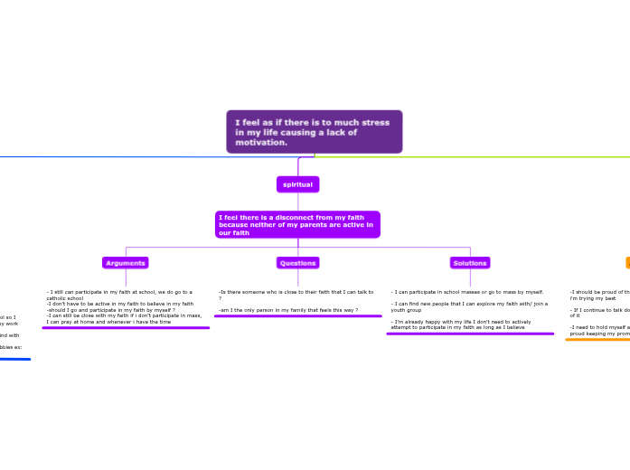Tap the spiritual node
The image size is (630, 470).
(x=297, y=184)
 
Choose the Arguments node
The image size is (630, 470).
(x=125, y=263)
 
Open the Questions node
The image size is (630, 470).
(x=297, y=263)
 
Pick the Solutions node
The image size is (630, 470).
(x=470, y=263)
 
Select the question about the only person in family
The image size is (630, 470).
(x=288, y=310)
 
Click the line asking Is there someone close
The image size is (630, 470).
(x=296, y=292)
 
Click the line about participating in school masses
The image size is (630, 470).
(x=467, y=292)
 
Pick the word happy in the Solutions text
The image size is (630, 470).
(x=433, y=322)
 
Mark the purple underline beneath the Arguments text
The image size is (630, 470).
(x=126, y=328)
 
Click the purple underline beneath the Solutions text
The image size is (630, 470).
(x=470, y=334)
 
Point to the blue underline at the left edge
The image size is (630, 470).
(x=14, y=359)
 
